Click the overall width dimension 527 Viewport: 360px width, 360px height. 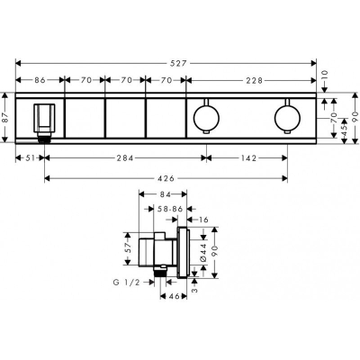click(x=166, y=63)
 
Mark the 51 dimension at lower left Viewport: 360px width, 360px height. click(x=31, y=158)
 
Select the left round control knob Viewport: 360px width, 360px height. click(x=207, y=115)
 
